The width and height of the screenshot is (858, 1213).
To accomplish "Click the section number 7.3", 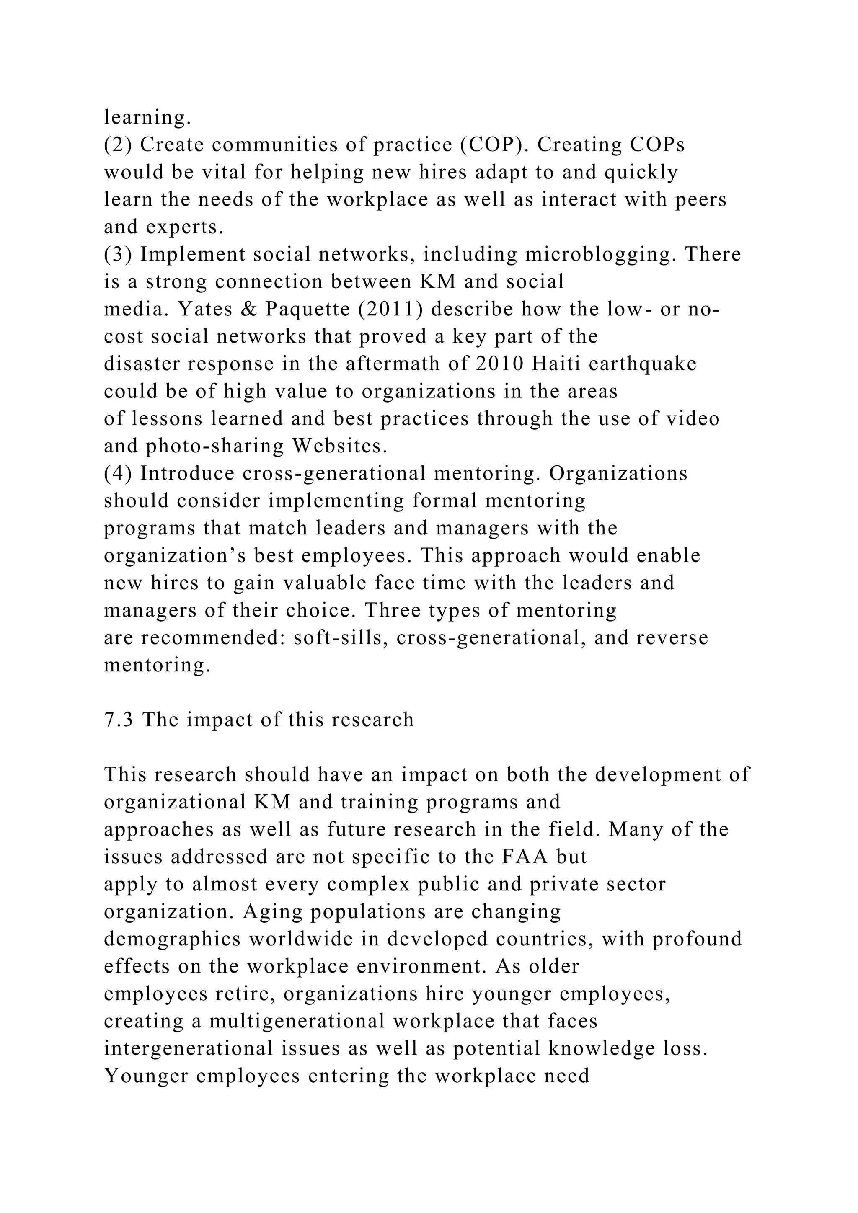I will point(119,720).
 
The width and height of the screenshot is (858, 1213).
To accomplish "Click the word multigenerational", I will point(297,1021).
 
